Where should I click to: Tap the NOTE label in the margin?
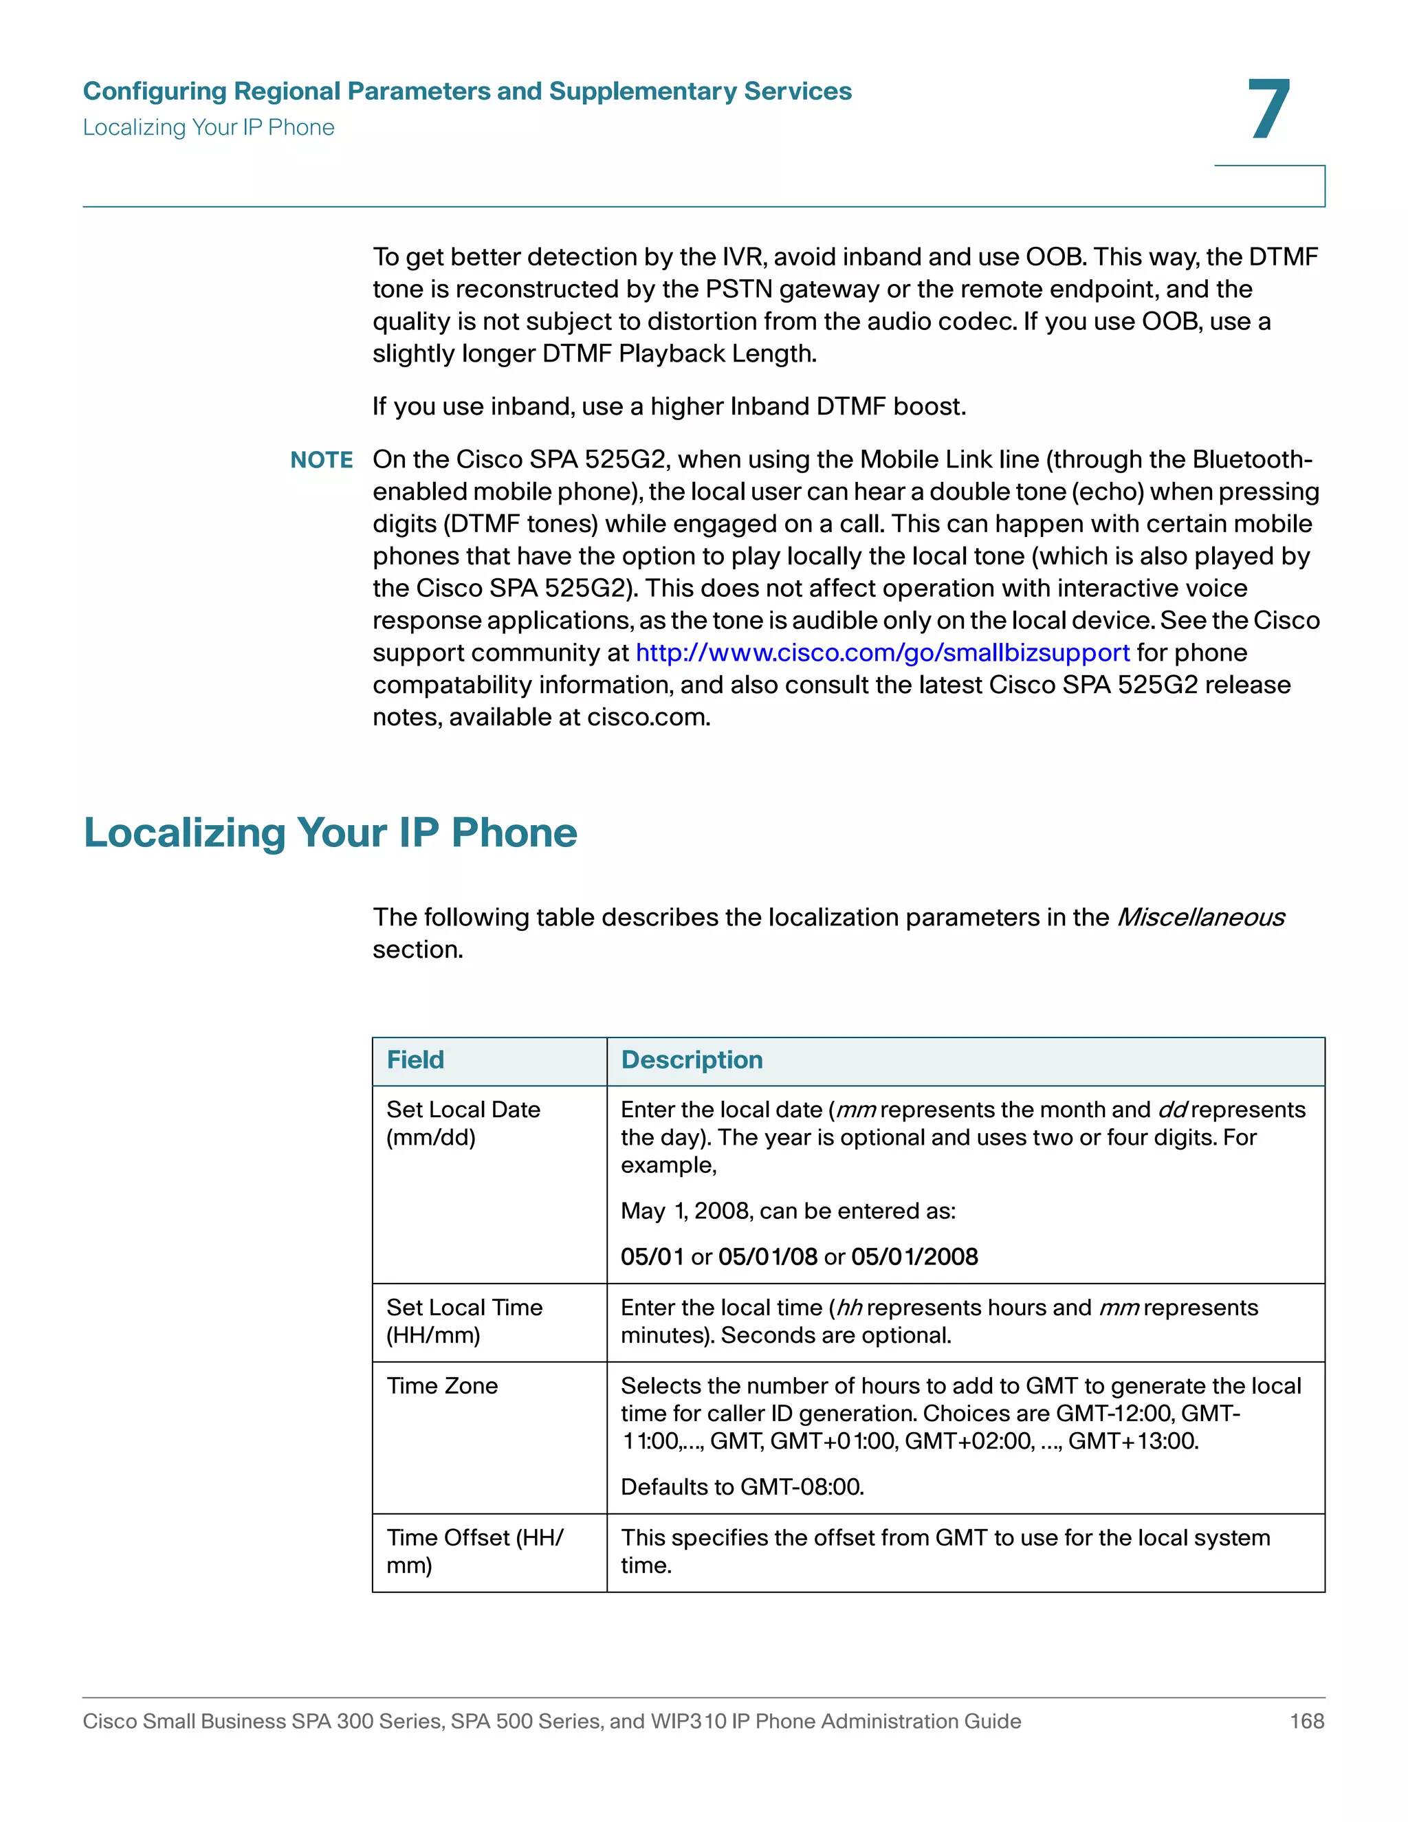point(321,460)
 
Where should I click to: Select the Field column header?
point(415,1060)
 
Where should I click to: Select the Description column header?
point(692,1060)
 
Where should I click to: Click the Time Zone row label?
point(442,1385)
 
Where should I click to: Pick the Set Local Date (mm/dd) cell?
point(463,1123)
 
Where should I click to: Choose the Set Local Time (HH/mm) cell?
point(464,1321)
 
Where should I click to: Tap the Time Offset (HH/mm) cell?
point(474,1551)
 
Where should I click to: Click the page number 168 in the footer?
point(1306,1721)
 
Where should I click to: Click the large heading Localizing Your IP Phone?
point(330,833)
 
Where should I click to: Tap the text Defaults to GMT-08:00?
point(742,1486)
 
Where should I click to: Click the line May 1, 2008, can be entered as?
point(787,1211)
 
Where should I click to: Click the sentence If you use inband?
point(669,406)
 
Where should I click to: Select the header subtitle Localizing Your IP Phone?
point(208,128)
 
